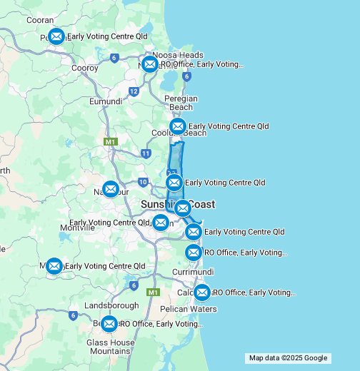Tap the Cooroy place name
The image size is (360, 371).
84,68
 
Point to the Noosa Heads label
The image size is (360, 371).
178,55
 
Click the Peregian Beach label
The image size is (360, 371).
181,103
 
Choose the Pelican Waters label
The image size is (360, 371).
189,309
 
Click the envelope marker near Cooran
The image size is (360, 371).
56,36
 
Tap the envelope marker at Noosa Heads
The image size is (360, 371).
150,64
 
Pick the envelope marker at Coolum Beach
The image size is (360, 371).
178,126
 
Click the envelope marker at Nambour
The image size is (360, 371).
110,189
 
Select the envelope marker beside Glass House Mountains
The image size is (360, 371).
109,324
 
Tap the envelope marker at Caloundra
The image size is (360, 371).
201,293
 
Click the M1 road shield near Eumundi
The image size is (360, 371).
110,142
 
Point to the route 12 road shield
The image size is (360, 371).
134,91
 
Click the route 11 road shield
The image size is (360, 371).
146,153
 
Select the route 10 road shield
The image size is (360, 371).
143,183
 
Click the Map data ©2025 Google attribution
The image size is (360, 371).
288,358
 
